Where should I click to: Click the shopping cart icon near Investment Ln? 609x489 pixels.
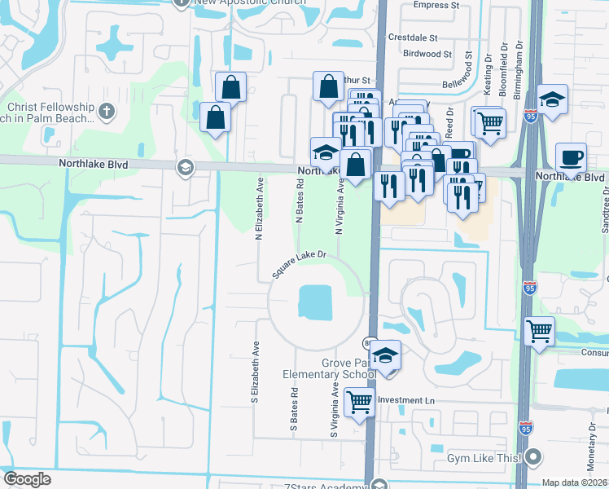click(359, 402)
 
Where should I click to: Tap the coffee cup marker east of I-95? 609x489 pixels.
click(571, 156)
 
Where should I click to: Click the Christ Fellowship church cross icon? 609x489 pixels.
click(106, 110)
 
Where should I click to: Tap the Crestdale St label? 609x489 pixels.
click(413, 37)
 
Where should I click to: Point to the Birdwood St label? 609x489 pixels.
click(427, 54)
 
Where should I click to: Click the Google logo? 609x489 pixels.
click(28, 479)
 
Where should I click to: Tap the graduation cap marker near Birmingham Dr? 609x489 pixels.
click(553, 100)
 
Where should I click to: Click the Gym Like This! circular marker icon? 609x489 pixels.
click(533, 458)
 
